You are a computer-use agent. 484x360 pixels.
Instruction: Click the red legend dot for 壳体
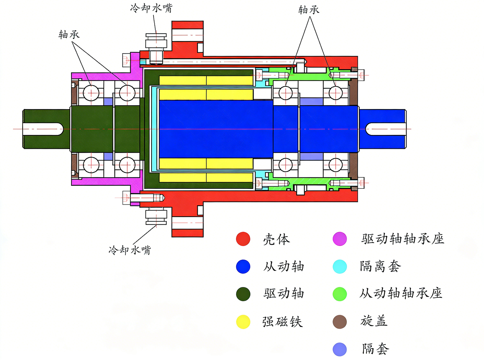tap(243, 239)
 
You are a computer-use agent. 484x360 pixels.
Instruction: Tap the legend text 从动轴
tap(283, 267)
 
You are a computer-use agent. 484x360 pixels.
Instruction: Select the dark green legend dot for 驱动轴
tap(243, 294)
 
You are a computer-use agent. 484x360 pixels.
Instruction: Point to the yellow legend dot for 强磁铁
tap(243, 322)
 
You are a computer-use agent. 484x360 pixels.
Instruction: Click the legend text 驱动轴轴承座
tap(403, 239)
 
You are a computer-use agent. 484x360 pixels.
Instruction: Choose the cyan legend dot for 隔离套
tap(340, 267)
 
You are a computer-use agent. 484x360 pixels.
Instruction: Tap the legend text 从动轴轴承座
tap(401, 293)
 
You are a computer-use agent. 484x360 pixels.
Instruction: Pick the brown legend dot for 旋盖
tap(340, 322)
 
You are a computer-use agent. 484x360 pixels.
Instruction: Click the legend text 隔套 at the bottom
tap(375, 349)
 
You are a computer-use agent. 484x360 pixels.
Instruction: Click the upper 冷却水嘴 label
tap(151, 8)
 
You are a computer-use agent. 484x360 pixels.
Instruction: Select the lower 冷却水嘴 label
tap(130, 250)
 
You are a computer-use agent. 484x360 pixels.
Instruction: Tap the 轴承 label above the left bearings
tap(69, 35)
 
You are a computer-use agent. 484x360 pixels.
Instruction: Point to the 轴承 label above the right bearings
tap(309, 10)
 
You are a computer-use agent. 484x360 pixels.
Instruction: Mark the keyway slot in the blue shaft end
tap(385, 129)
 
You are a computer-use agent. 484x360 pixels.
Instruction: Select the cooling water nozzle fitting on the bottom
tap(156, 216)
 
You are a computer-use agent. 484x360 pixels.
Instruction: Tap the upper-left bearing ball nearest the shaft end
tap(91, 93)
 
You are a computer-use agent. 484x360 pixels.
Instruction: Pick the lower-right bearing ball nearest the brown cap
tap(336, 165)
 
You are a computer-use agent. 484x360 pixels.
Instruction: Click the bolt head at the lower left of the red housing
tap(126, 198)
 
